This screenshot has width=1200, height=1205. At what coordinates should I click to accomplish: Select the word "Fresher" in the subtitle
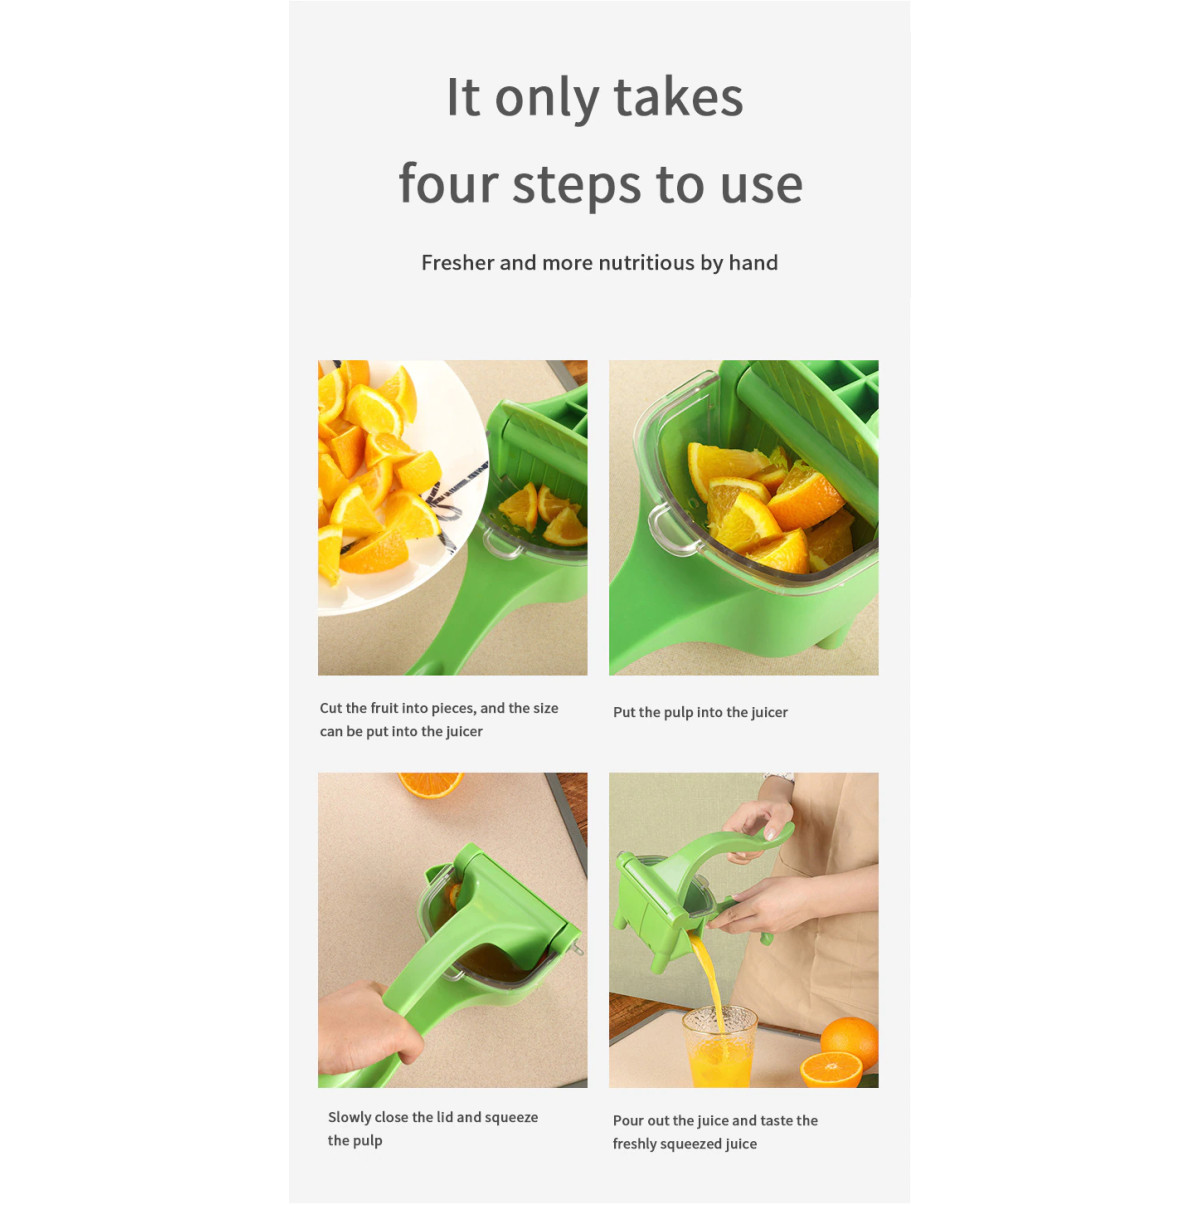click(457, 263)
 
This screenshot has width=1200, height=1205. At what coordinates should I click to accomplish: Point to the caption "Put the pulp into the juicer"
click(700, 712)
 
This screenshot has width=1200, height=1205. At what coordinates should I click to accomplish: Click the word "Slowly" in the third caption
click(349, 1117)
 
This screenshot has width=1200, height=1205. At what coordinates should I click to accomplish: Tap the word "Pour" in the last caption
click(628, 1120)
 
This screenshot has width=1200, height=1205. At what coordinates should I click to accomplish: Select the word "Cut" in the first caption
click(330, 708)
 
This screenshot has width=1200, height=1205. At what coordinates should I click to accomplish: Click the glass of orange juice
click(719, 1049)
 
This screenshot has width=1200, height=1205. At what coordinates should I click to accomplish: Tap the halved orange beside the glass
click(831, 1069)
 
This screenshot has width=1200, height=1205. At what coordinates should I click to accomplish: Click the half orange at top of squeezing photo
click(430, 783)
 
